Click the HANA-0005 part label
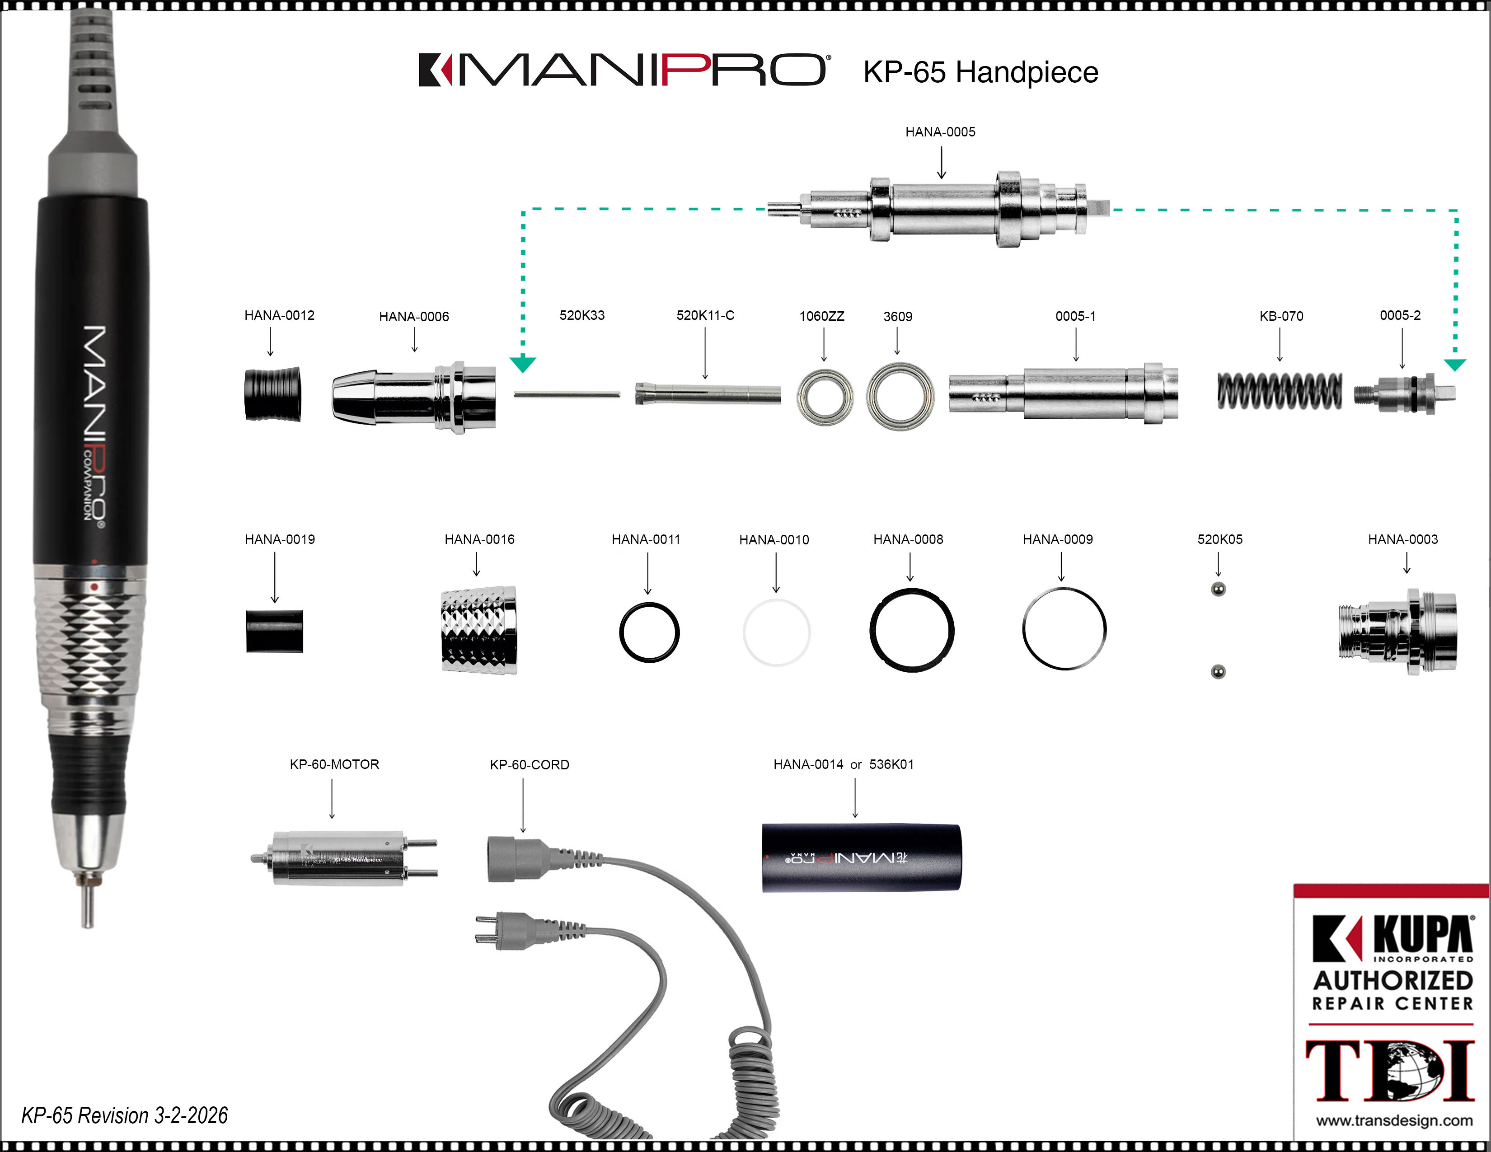[x=940, y=132]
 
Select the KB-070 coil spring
[x=1280, y=392]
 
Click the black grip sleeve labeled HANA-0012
[x=272, y=394]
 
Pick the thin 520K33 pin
[x=567, y=394]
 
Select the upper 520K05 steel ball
[x=1218, y=589]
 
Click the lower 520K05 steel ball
[x=1218, y=671]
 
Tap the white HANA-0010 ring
[x=776, y=632]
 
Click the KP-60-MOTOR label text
[x=334, y=764]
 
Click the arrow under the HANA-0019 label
[x=275, y=577]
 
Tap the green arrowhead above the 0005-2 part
[x=1455, y=365]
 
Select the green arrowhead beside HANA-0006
[x=523, y=365]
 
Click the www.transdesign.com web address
[x=1394, y=1120]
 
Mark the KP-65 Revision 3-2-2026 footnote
[x=124, y=1115]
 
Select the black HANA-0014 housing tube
[x=862, y=858]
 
